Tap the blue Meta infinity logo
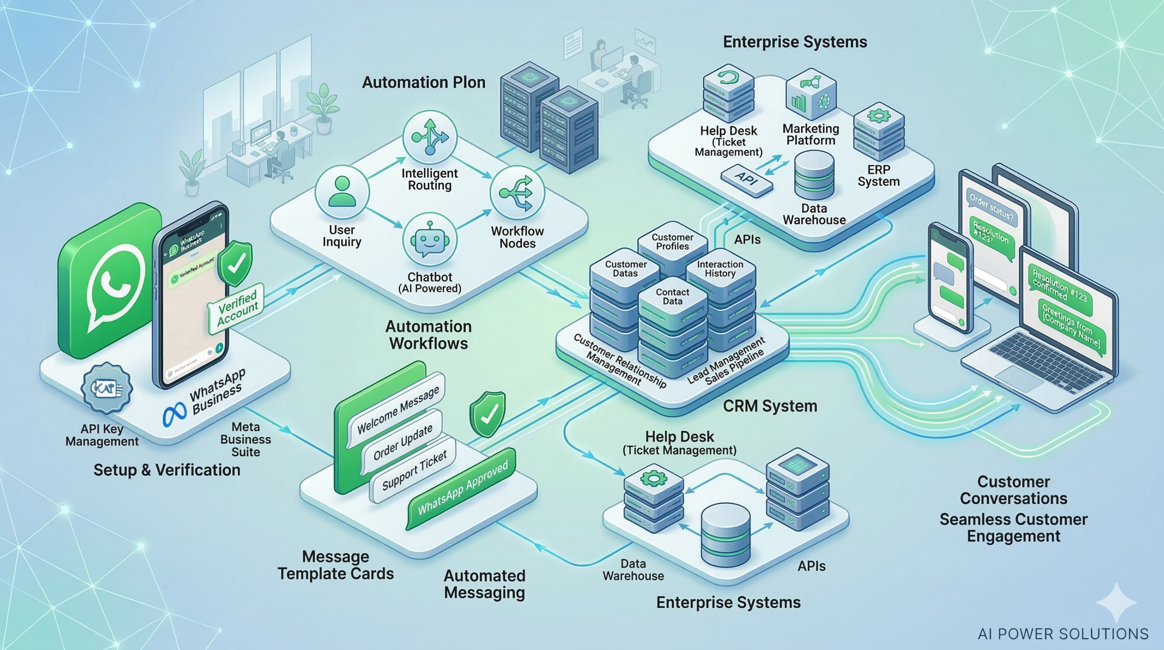(x=175, y=414)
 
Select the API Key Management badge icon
(x=106, y=388)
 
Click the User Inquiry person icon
(x=342, y=192)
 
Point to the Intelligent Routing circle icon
(x=430, y=137)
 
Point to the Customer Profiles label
(x=672, y=242)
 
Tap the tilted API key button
(x=747, y=180)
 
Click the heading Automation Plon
(x=424, y=83)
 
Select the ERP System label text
(x=878, y=176)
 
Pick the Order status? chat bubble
(x=991, y=207)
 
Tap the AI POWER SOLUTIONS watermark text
(x=1063, y=634)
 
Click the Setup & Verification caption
(x=167, y=470)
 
